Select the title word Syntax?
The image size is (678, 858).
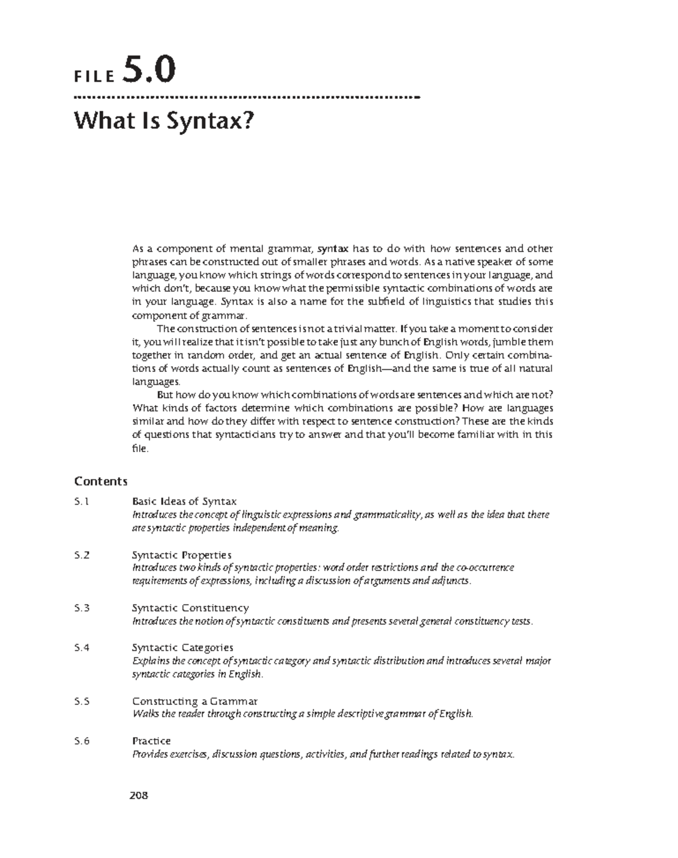[x=210, y=120]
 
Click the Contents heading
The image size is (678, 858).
[x=101, y=481]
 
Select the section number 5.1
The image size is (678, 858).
[x=82, y=501]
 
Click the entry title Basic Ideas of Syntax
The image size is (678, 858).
[x=184, y=501]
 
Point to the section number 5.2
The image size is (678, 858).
[x=82, y=555]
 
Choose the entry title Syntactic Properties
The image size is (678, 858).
[x=181, y=555]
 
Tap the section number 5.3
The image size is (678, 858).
[x=82, y=608]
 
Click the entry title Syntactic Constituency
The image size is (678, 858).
[x=190, y=608]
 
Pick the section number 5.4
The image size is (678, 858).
[x=82, y=647]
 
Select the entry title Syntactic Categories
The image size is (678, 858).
[x=182, y=647]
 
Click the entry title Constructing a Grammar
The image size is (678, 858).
[x=194, y=701]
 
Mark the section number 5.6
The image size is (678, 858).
[x=82, y=741]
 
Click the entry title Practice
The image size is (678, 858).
[x=151, y=741]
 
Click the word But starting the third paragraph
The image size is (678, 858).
[x=164, y=395]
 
